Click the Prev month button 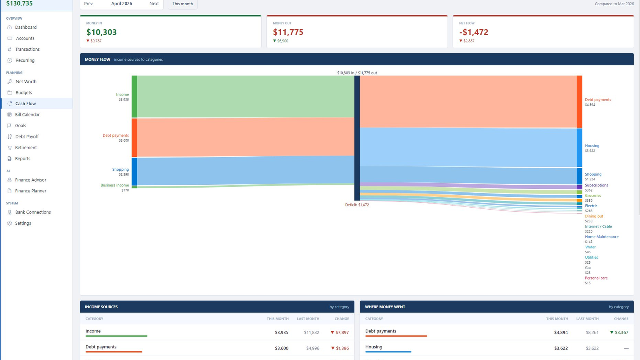click(x=88, y=4)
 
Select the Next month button click(x=154, y=4)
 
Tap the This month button click(x=182, y=4)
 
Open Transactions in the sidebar click(x=28, y=49)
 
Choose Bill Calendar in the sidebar click(x=27, y=114)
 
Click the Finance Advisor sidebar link click(x=30, y=180)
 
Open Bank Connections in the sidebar click(x=33, y=212)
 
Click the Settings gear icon click(x=10, y=223)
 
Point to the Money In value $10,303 click(x=102, y=32)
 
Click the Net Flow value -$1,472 click(x=474, y=32)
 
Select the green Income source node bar click(x=134, y=96)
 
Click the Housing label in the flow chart click(x=592, y=146)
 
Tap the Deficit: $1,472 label click(x=357, y=205)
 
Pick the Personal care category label click(x=596, y=278)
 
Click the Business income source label click(x=114, y=185)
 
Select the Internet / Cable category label click(x=598, y=226)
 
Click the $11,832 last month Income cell click(x=312, y=332)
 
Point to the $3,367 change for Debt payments click(x=619, y=332)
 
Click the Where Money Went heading click(x=385, y=307)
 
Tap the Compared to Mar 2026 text click(x=614, y=4)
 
